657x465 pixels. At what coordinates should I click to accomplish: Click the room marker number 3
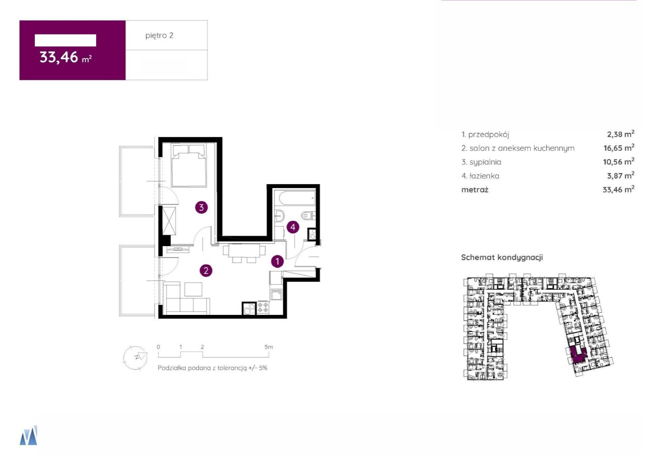click(x=201, y=207)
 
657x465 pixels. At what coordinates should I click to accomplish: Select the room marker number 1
click(x=277, y=261)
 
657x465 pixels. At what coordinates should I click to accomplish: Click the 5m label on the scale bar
click(x=269, y=347)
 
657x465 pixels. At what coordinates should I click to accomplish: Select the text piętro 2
click(x=159, y=35)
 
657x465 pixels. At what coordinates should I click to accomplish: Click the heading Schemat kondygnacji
click(x=502, y=257)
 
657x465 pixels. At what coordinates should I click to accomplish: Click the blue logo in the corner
click(x=28, y=435)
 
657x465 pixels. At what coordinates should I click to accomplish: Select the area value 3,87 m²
click(x=621, y=176)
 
